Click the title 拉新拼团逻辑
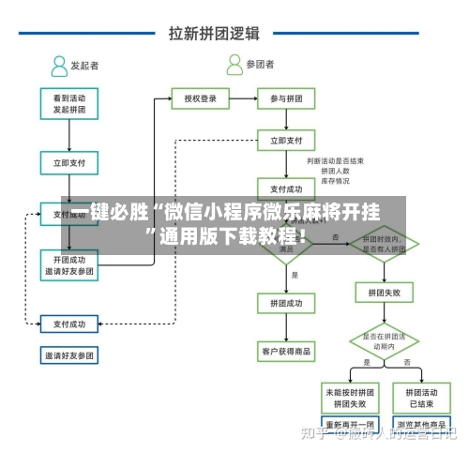pyautogui.click(x=214, y=33)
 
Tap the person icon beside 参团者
pyautogui.click(x=234, y=65)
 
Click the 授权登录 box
pyautogui.click(x=200, y=98)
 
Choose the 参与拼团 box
pyautogui.click(x=285, y=98)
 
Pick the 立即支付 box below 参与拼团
pyautogui.click(x=285, y=141)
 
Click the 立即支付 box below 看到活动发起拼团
pyautogui.click(x=68, y=162)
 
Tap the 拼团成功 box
pyautogui.click(x=285, y=304)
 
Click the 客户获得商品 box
pyautogui.click(x=285, y=352)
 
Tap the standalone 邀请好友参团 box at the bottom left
pyautogui.click(x=68, y=355)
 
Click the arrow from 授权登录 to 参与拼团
pyautogui.click(x=242, y=98)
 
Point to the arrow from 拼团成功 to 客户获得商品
pyautogui.click(x=285, y=327)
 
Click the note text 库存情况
pyautogui.click(x=336, y=181)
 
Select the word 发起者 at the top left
pyautogui.click(x=84, y=66)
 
